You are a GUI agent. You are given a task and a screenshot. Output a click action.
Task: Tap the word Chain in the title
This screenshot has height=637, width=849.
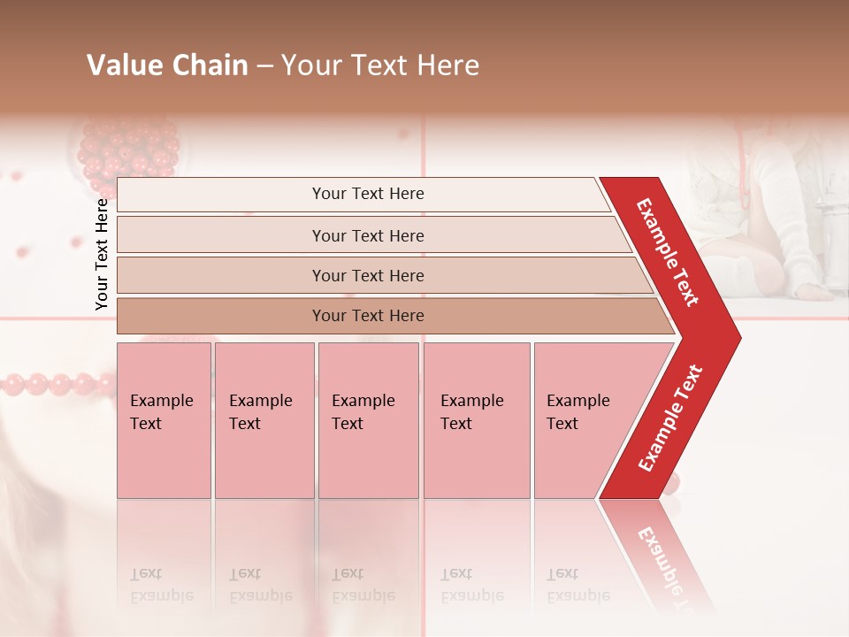[x=210, y=65]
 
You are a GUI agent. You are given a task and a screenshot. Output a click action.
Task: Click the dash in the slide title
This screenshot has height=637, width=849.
[x=264, y=66]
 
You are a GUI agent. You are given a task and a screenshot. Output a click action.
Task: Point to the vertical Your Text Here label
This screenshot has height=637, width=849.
[x=102, y=254]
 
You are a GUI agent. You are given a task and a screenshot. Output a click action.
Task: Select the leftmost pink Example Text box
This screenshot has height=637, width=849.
[x=164, y=420]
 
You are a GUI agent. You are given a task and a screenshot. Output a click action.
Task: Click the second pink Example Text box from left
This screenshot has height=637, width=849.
[x=264, y=420]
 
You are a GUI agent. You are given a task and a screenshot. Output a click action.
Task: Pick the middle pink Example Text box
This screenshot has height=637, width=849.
[x=368, y=420]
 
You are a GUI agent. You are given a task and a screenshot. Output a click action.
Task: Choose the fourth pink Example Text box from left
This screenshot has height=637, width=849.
[x=477, y=420]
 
